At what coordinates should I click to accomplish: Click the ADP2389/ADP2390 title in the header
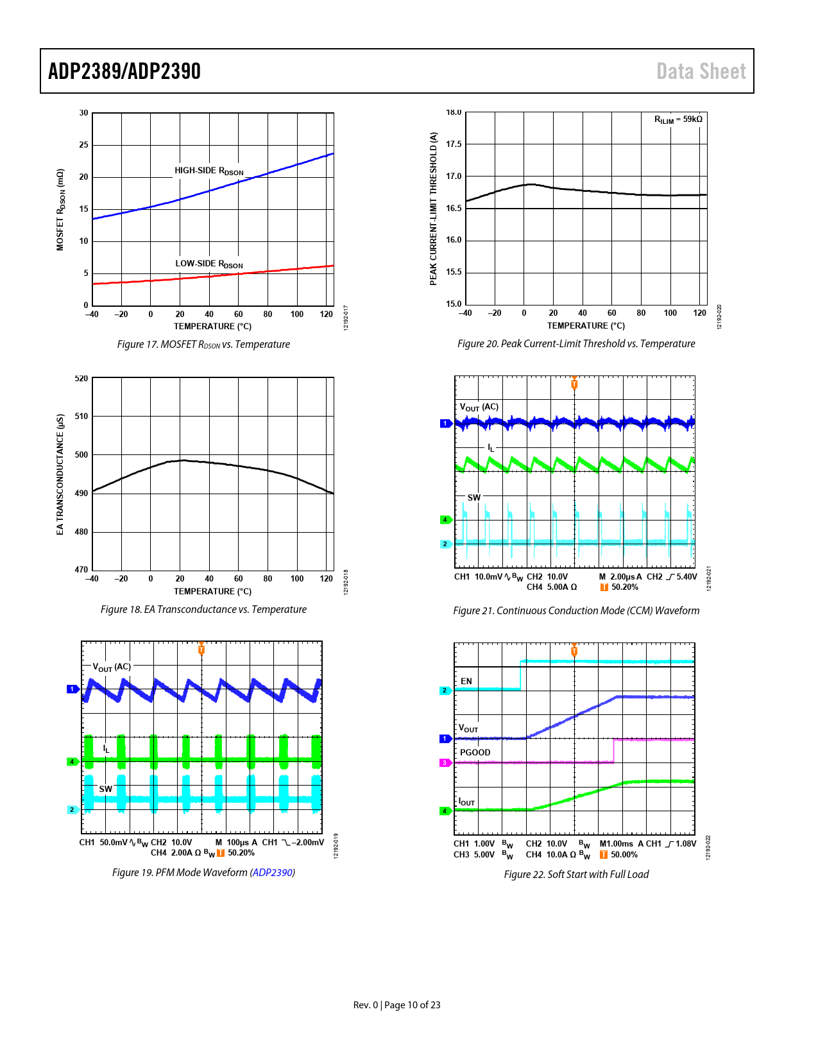pos(124,71)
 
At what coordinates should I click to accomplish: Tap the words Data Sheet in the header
pos(701,71)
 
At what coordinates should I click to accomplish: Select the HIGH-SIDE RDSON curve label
pos(209,171)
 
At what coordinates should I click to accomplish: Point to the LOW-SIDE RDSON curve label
pos(209,264)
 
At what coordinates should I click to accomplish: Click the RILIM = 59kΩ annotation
pos(677,119)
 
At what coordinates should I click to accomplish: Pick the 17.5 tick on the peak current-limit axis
pos(454,144)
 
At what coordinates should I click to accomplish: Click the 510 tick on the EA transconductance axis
pos(81,416)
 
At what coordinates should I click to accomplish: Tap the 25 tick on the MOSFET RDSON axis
pos(84,145)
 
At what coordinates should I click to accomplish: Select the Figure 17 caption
pos(203,345)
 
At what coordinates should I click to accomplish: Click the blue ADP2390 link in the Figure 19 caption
pos(273,873)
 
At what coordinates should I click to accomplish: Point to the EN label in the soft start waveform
pos(466,681)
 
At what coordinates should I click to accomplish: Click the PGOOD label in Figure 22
pos(475,752)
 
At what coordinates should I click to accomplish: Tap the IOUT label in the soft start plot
pos(466,802)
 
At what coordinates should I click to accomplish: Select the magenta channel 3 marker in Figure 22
pos(445,762)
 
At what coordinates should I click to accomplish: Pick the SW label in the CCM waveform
pos(473,497)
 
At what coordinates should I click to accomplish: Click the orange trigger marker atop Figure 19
pos(201,648)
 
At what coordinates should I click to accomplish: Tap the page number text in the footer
pos(397,1005)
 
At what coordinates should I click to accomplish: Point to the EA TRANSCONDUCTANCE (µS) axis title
pos(60,474)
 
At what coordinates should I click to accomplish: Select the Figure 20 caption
pos(576,344)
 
